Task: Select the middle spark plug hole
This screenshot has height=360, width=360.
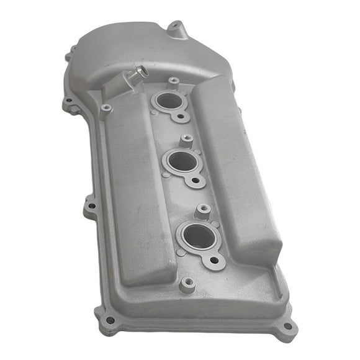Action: click(x=181, y=161)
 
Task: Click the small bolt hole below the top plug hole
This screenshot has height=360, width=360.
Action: click(x=181, y=116)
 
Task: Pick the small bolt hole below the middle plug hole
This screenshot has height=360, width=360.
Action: click(x=197, y=181)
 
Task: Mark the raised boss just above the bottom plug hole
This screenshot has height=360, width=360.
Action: click(x=202, y=211)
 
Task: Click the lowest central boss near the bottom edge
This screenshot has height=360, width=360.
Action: click(x=188, y=285)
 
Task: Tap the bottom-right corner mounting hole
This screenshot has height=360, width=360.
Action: click(x=287, y=327)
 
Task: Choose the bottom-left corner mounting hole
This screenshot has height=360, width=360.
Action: click(x=110, y=320)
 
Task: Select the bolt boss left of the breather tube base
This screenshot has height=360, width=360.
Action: click(x=106, y=109)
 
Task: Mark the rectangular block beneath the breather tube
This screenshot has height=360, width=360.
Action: click(x=118, y=89)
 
